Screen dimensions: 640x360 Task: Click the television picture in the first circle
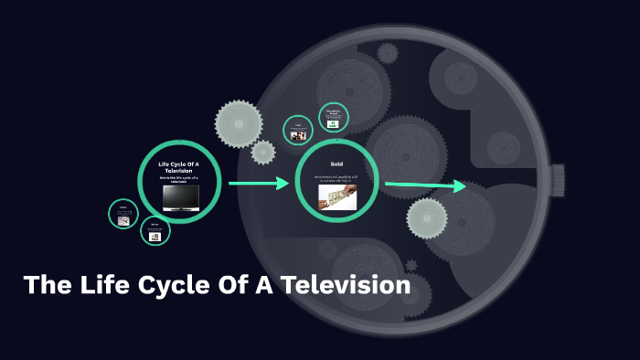(180, 197)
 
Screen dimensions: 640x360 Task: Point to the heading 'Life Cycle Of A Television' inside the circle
(180, 167)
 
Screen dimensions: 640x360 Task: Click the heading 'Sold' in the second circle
(336, 164)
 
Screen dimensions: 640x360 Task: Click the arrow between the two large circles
(259, 184)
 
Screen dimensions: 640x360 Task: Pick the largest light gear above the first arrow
(238, 123)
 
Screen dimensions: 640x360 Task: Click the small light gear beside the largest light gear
(263, 152)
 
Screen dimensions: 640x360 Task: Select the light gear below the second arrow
(427, 218)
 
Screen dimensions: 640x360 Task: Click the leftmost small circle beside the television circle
(123, 215)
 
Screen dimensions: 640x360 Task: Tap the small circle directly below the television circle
(155, 231)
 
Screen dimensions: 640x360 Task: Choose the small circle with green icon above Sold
(334, 118)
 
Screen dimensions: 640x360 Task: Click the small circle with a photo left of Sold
(298, 131)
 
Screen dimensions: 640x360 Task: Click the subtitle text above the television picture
(180, 178)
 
